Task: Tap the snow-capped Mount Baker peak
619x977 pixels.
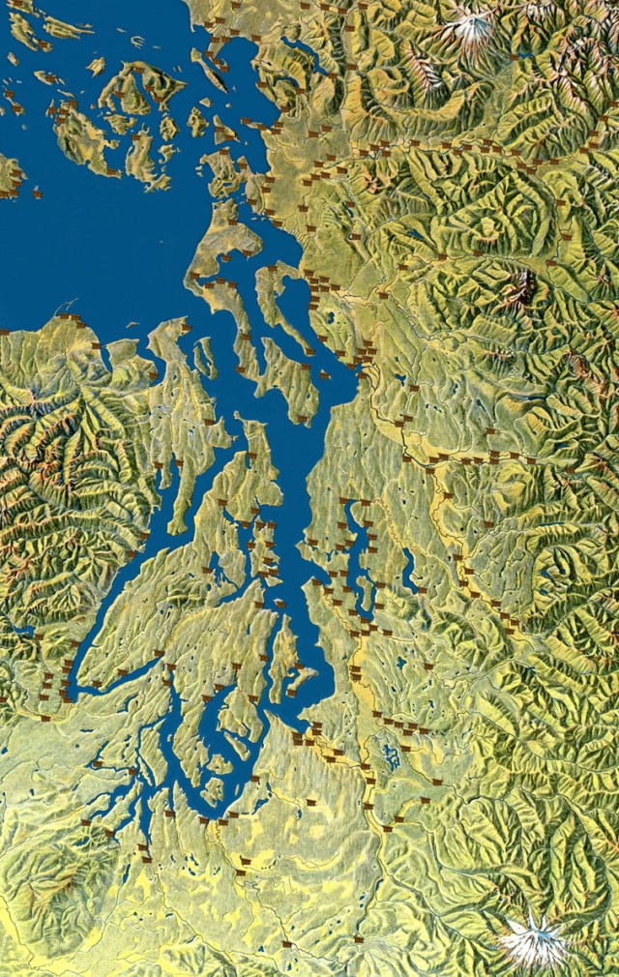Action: click(x=472, y=27)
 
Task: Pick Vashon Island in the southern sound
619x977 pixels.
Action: click(x=285, y=658)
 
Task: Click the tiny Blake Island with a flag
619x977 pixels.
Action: click(x=280, y=604)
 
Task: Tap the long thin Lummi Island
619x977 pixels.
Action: click(x=210, y=70)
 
